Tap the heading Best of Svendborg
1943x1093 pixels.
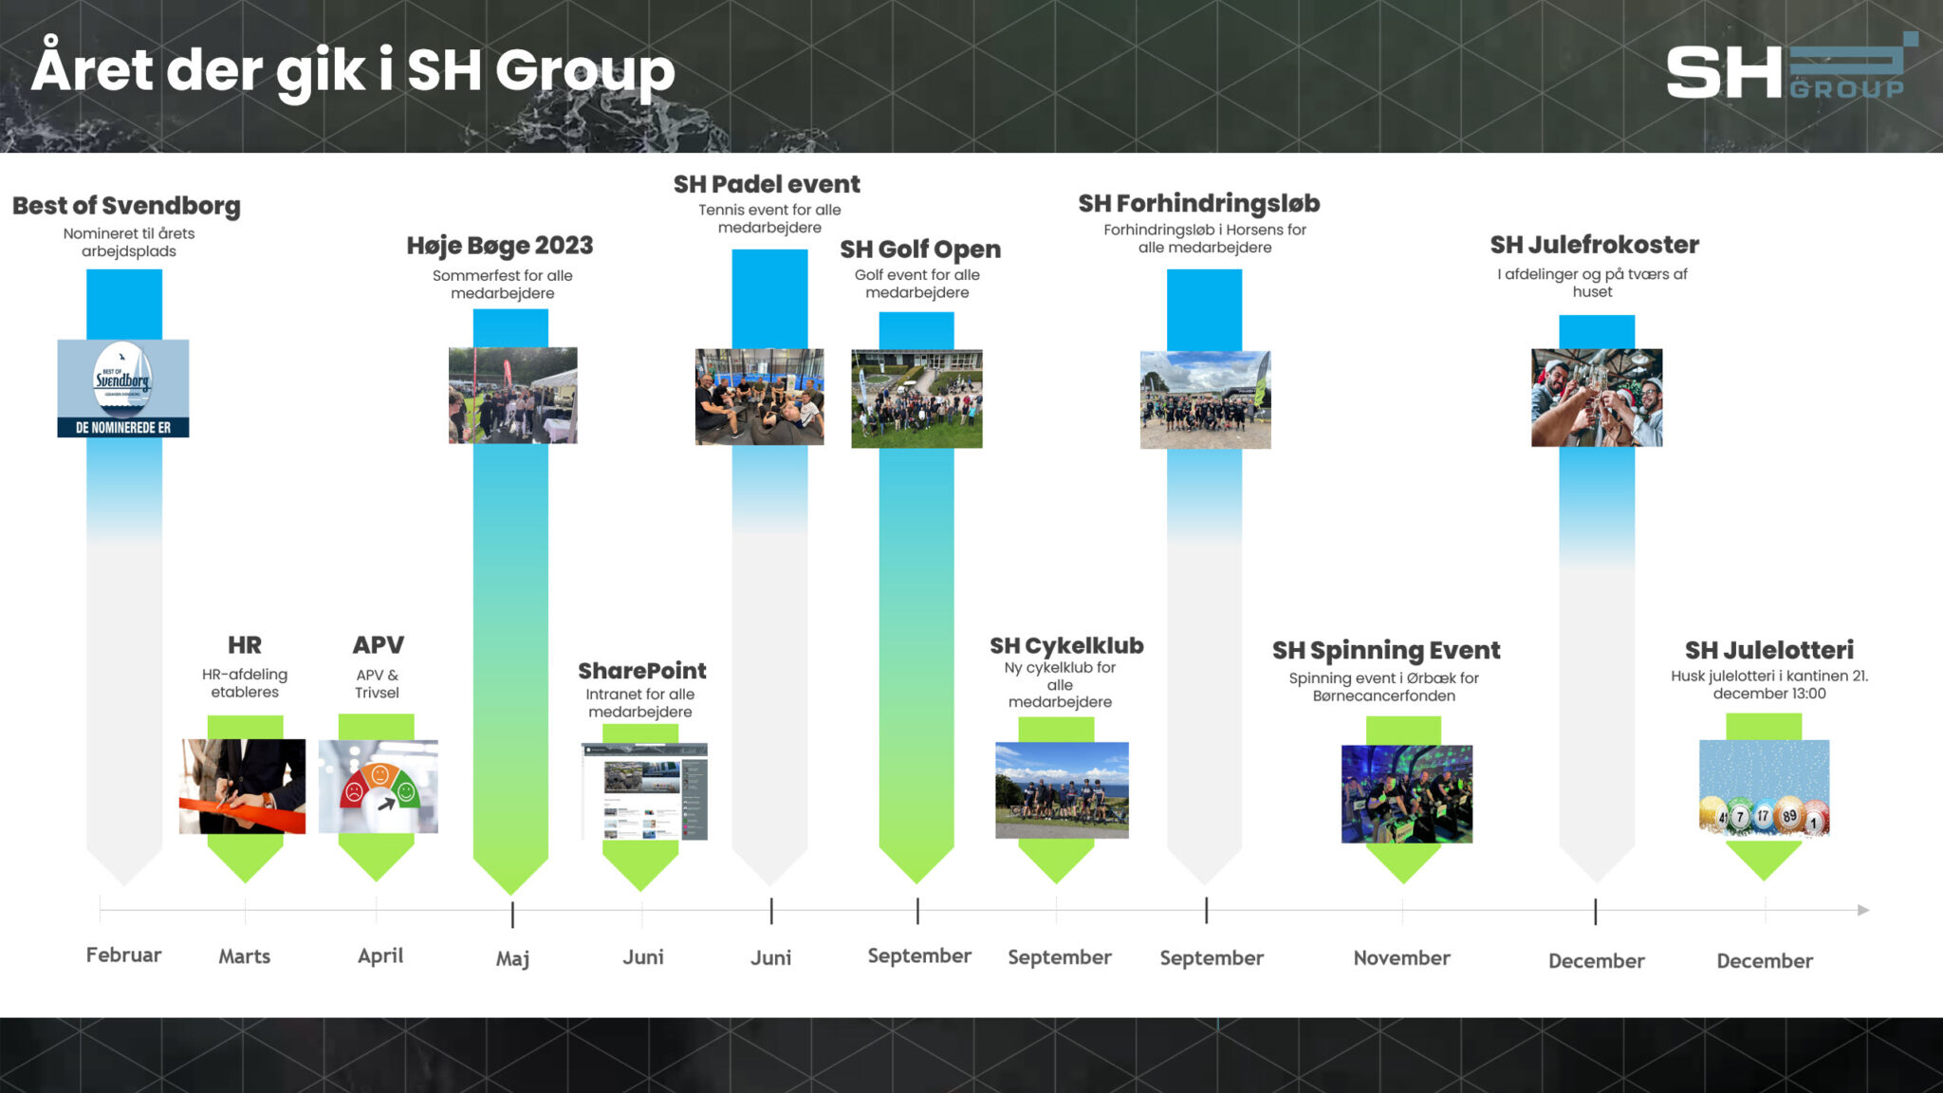pyautogui.click(x=126, y=206)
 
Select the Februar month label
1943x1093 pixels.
pyautogui.click(x=123, y=954)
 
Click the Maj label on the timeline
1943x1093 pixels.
pyautogui.click(x=512, y=958)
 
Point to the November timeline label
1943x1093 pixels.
pyautogui.click(x=1401, y=958)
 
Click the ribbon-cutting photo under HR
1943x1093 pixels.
pyautogui.click(x=243, y=787)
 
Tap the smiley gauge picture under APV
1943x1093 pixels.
pyautogui.click(x=378, y=787)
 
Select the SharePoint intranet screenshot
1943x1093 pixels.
pyautogui.click(x=644, y=791)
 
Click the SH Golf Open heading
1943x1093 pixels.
pyautogui.click(x=919, y=250)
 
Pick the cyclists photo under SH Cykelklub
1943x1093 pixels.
pyautogui.click(x=1062, y=790)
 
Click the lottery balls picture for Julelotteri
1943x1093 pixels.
pyautogui.click(x=1764, y=787)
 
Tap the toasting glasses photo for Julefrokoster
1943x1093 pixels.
pyautogui.click(x=1596, y=398)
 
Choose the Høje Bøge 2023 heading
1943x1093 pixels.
pyautogui.click(x=500, y=246)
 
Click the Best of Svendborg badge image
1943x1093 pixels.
pyautogui.click(x=123, y=388)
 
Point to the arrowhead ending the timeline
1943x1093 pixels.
pyautogui.click(x=1863, y=910)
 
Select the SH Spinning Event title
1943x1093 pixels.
pyautogui.click(x=1385, y=651)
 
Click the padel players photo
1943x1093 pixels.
pyautogui.click(x=759, y=397)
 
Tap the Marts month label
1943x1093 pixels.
pyautogui.click(x=244, y=956)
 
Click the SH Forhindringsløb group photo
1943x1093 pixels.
pyautogui.click(x=1205, y=399)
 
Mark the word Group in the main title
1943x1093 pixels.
pyautogui.click(x=584, y=72)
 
